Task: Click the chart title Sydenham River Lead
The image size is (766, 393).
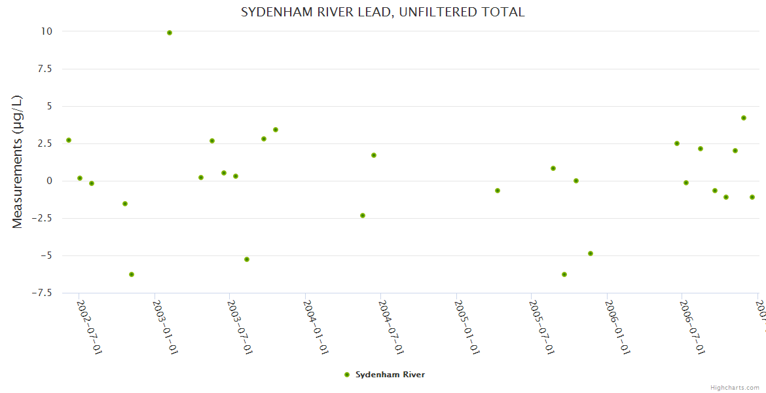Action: [x=382, y=12]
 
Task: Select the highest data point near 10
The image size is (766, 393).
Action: [x=170, y=33]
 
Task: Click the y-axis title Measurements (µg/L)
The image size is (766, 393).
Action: [x=18, y=162]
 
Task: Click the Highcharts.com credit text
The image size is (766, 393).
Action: [x=735, y=388]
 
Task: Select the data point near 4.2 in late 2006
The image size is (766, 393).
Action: [x=744, y=118]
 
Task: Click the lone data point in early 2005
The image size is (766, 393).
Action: [x=498, y=191]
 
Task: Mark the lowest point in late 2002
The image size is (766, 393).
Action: [x=132, y=274]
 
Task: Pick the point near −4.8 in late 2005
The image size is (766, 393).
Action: [x=591, y=253]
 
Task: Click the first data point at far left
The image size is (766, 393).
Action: [x=69, y=140]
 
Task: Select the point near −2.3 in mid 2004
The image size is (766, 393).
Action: [x=363, y=215]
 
